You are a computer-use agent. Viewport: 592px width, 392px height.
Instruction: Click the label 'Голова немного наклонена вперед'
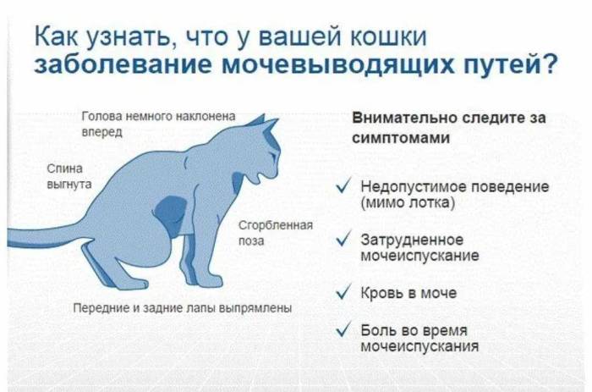tap(157, 124)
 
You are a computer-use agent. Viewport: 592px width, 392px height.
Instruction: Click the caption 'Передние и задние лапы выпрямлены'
tap(183, 308)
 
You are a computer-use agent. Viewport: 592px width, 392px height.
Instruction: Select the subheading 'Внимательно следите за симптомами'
tap(448, 129)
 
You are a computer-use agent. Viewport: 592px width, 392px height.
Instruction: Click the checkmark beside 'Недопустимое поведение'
tap(344, 187)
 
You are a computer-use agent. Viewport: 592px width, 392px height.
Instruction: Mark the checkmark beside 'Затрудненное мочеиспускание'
tap(344, 240)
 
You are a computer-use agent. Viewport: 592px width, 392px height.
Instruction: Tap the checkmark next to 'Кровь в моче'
tap(344, 293)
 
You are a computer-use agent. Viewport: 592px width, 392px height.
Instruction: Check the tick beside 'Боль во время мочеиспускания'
tap(344, 330)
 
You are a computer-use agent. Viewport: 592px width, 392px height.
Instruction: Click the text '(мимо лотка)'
tap(408, 204)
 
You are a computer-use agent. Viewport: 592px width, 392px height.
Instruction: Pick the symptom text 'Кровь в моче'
tap(408, 293)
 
